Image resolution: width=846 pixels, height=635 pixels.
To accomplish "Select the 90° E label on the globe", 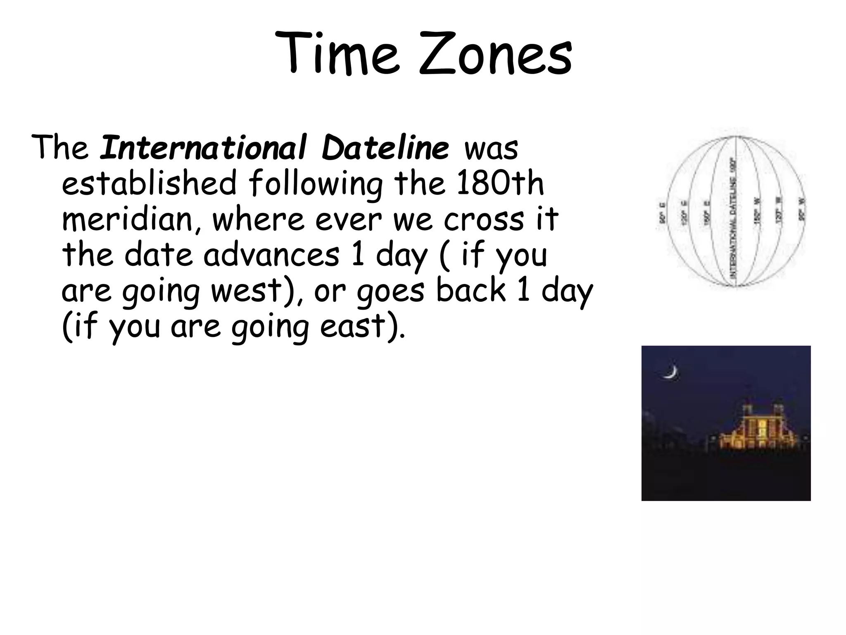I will pyautogui.click(x=662, y=213).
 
